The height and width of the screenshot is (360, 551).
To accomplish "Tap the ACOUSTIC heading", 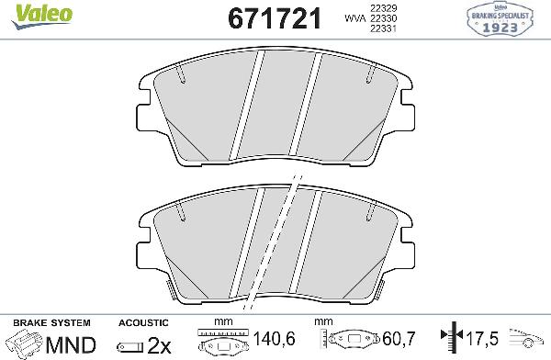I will point(143,323).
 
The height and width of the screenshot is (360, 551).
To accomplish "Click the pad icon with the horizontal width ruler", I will point(224,341).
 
